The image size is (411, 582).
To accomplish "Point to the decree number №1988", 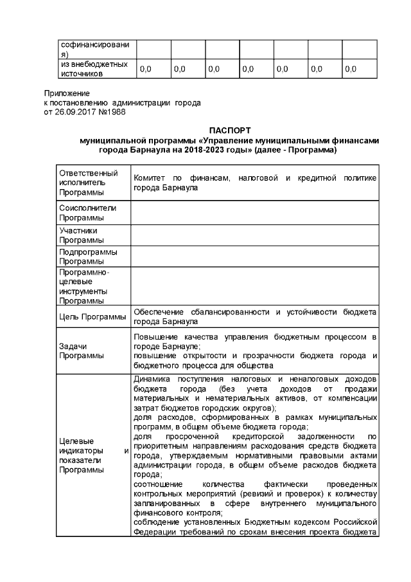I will coord(112,111).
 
